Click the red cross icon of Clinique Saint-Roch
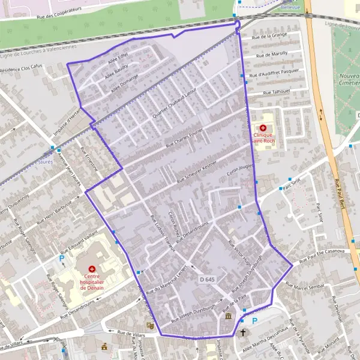[263, 128]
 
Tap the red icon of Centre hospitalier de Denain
[92, 269]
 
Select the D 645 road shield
[206, 280]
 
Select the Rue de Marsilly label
[271, 55]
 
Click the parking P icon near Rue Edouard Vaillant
[62, 259]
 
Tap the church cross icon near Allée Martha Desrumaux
[243, 332]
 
